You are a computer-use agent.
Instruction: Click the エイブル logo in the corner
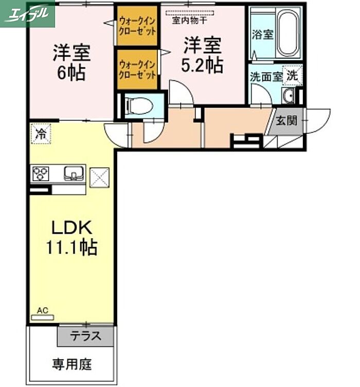pyautogui.click(x=27, y=14)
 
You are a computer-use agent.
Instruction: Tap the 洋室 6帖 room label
pyautogui.click(x=71, y=62)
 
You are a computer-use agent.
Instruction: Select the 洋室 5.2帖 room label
pyautogui.click(x=202, y=55)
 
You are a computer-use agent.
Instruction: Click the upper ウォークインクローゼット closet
pyautogui.click(x=137, y=26)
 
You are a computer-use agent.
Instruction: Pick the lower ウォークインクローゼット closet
pyautogui.click(x=137, y=69)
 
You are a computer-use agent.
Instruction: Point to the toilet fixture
pyautogui.click(x=139, y=106)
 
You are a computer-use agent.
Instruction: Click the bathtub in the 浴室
pyautogui.click(x=288, y=33)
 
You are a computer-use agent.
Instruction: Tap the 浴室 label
pyautogui.click(x=262, y=34)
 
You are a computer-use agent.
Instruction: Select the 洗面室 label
pyautogui.click(x=266, y=77)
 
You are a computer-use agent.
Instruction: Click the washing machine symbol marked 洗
pyautogui.click(x=293, y=75)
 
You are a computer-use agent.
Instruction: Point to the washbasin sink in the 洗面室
pyautogui.click(x=288, y=96)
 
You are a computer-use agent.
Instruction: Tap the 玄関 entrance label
pyautogui.click(x=286, y=121)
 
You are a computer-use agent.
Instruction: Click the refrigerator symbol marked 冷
pyautogui.click(x=41, y=133)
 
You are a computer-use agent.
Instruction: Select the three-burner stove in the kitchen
pyautogui.click(x=41, y=174)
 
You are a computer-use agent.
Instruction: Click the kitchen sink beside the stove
pyautogui.click(x=74, y=173)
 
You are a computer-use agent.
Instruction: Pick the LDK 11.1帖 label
pyautogui.click(x=71, y=237)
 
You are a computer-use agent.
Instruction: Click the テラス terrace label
pyautogui.click(x=85, y=336)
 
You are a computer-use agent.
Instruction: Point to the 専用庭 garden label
pyautogui.click(x=72, y=364)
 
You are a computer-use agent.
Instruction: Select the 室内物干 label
pyautogui.click(x=189, y=21)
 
